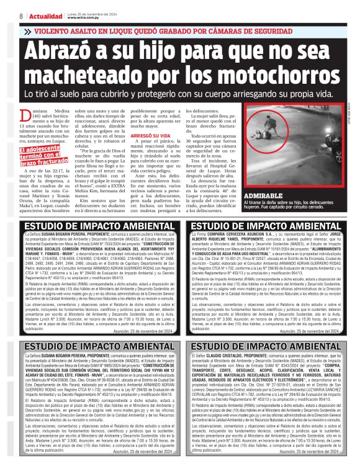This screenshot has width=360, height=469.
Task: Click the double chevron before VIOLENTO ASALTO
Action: tap(27, 29)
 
